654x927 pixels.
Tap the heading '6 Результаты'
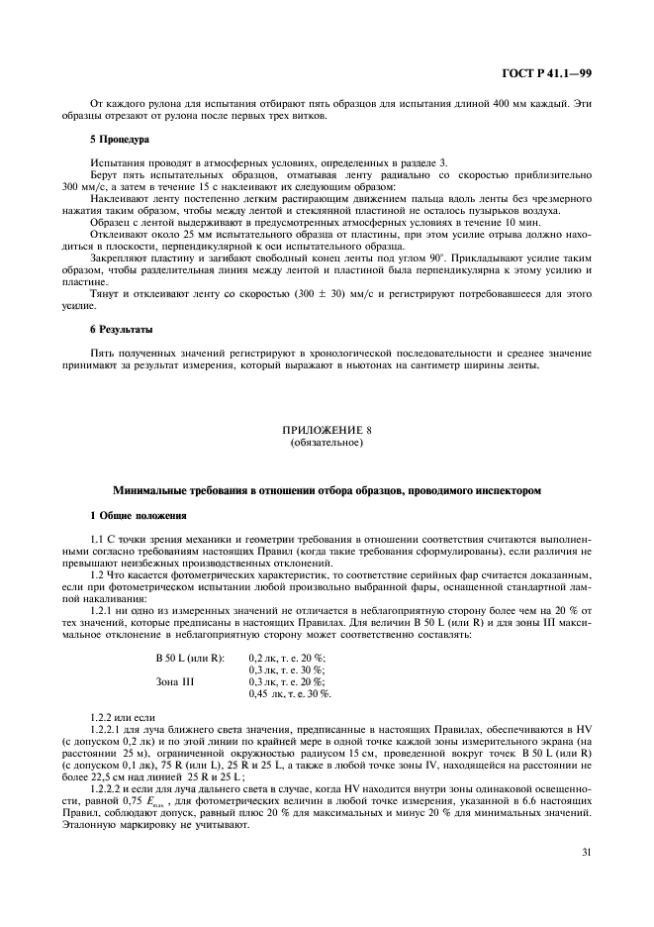pos(123,328)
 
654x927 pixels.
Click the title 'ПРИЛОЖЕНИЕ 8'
pos(327,432)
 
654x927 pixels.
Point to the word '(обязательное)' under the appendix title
pos(327,443)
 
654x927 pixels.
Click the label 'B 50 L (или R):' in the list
pos(190,658)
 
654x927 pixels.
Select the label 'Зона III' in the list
pos(174,681)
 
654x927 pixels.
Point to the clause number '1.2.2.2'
pos(108,787)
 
